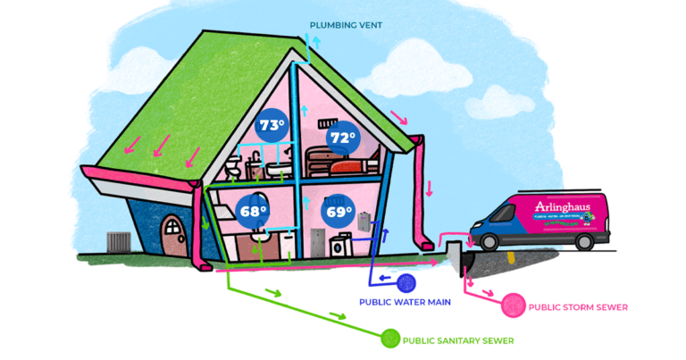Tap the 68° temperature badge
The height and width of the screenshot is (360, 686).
point(253,211)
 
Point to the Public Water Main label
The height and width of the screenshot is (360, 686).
point(405,302)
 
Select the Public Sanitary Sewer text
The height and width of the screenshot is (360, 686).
point(458,340)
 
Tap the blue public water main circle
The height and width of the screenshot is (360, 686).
point(406,283)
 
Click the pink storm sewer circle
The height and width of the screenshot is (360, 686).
point(514,306)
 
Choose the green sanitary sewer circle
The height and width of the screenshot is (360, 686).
point(390,339)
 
